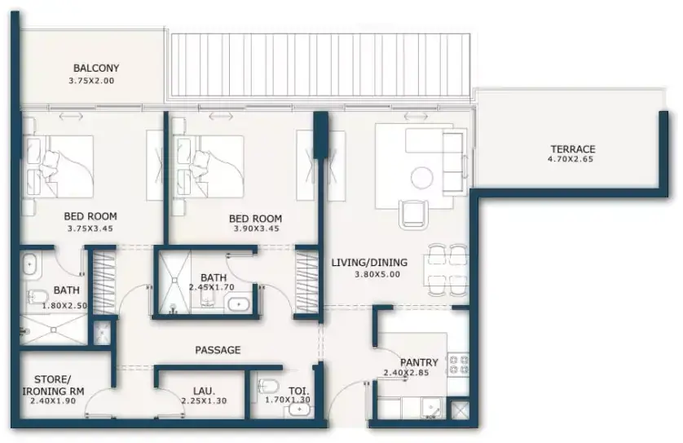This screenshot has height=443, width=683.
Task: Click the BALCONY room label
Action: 96,68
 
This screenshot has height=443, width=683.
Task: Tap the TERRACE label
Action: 572,149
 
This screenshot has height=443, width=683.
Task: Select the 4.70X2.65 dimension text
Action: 571,159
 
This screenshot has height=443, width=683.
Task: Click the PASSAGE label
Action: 218,350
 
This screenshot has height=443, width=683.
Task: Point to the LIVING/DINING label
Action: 369,263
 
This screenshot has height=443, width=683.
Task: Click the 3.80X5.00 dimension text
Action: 377,274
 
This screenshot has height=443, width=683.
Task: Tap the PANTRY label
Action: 419,362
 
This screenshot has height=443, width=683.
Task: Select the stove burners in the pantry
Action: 459,365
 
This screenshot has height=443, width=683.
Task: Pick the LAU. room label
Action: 205,391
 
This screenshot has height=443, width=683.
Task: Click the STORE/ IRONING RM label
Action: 53,385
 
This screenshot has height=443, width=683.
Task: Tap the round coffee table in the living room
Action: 422,178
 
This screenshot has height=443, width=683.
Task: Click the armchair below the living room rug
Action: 412,214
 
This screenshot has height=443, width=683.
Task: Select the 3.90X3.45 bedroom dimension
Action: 257,228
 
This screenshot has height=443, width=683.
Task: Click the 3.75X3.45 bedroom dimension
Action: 90,228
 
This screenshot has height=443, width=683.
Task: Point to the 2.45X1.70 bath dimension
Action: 212,287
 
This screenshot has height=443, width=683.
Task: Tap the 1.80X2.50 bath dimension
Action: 65,306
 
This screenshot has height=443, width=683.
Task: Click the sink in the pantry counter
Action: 432,409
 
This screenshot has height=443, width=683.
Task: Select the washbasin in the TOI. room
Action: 299,410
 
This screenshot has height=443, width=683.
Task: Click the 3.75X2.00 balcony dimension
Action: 91,81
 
